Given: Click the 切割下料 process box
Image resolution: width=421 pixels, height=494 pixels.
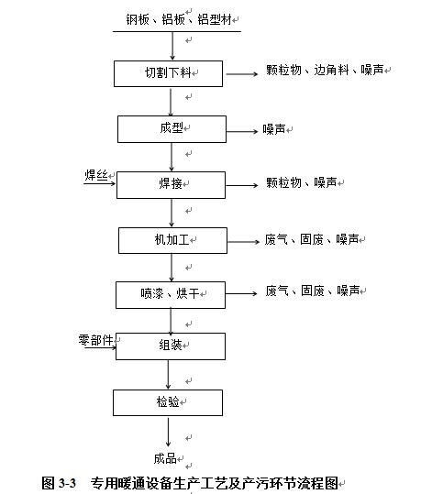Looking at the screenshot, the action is point(168,73).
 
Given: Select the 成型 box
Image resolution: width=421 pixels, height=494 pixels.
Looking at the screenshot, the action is point(172,129).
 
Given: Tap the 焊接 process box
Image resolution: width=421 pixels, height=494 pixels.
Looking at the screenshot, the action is point(171,185).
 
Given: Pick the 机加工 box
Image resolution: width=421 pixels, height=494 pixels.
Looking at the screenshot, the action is point(172,240).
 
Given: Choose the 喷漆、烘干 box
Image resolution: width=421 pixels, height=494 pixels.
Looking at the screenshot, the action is point(171,295).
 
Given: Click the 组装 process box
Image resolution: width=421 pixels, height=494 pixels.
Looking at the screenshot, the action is point(171,346).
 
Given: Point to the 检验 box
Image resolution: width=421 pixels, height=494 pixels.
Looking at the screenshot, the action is point(168,402).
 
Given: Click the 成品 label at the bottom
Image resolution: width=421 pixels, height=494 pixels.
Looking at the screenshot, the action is point(165,458).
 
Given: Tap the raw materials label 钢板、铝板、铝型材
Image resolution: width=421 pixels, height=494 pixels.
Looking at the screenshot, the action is point(179,19).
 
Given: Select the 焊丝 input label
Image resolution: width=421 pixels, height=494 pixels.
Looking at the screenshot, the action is point(96,175).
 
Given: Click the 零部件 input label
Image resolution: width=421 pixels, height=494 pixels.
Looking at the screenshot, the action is point(96,340).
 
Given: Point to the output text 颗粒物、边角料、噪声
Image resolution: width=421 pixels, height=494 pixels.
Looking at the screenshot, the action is point(325,70).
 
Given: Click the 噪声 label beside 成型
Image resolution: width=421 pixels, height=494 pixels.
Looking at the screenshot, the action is point(274,129).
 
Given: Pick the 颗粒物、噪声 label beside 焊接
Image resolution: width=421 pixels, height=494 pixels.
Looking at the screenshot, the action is point(302,182).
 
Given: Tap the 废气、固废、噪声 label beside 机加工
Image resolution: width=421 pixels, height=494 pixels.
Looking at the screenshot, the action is point(312,239).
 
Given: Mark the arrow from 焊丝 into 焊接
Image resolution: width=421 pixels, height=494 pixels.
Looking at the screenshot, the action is point(100,183).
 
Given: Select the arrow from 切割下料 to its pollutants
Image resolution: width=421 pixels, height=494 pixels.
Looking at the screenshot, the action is point(242,74).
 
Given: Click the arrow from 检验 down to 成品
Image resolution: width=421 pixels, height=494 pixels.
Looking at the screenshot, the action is point(168,433).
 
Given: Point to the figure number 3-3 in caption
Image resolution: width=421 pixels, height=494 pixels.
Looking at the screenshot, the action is point(67,483).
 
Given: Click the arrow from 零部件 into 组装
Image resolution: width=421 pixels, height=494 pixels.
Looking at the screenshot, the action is point(100,347).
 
